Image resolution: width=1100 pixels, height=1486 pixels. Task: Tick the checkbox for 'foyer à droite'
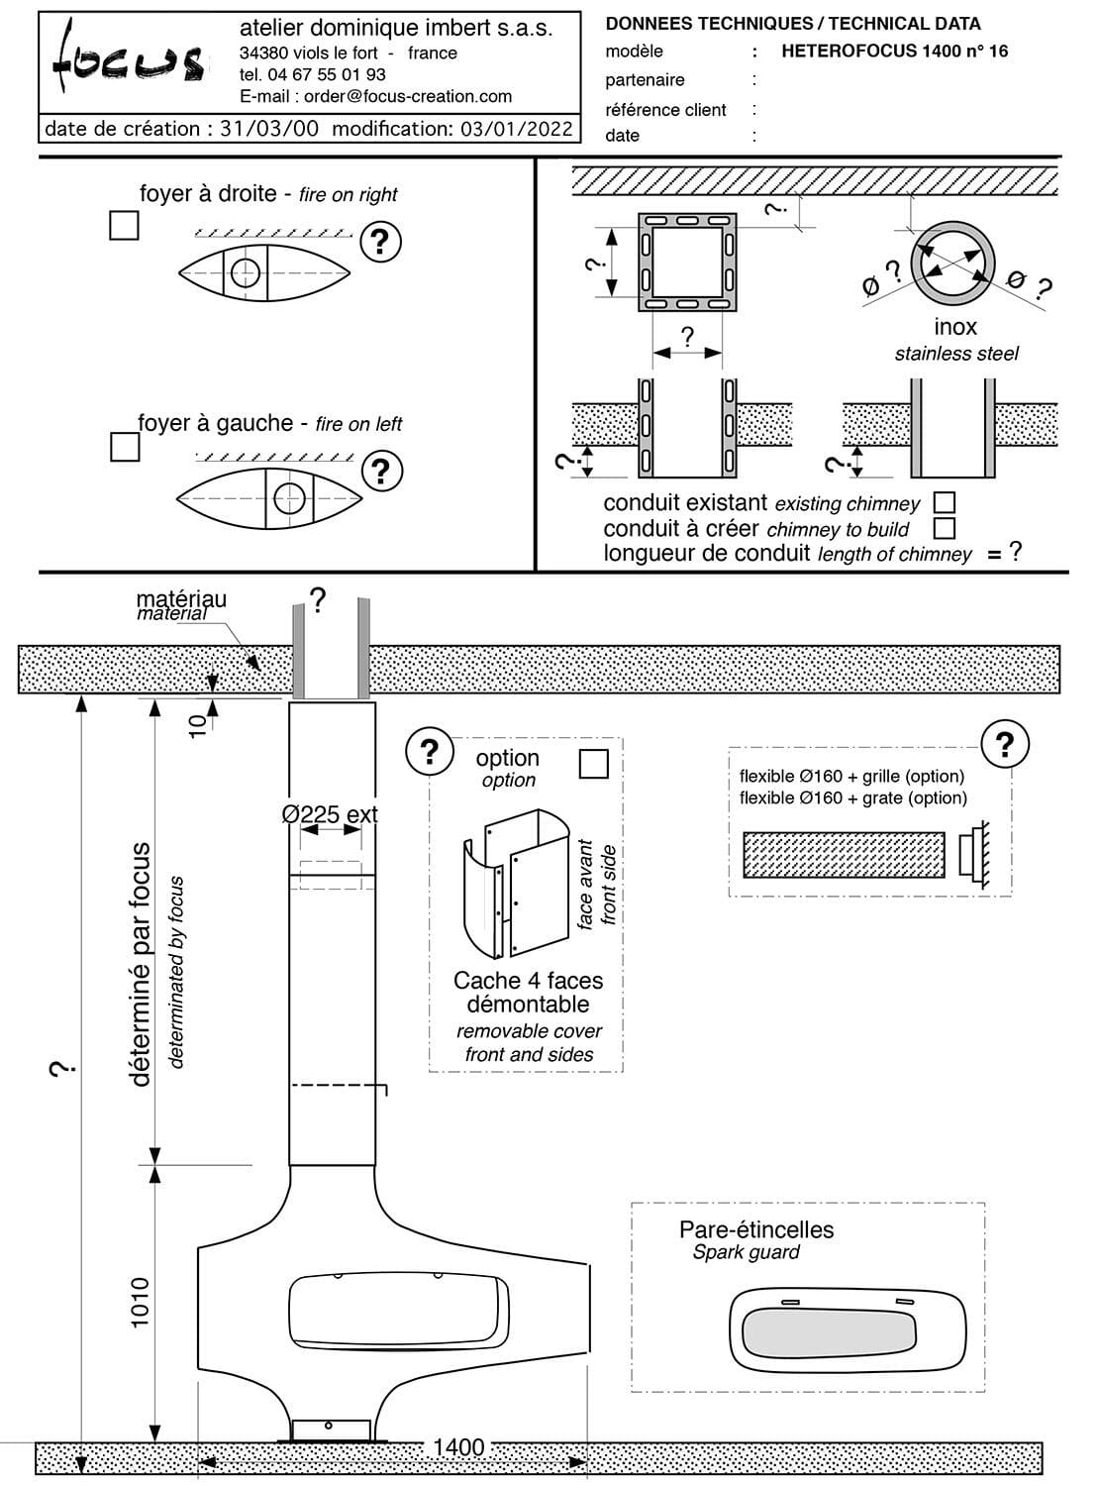pyautogui.click(x=124, y=226)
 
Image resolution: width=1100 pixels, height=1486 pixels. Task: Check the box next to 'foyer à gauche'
pyautogui.click(x=125, y=447)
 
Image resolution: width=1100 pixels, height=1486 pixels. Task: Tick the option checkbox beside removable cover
pyautogui.click(x=593, y=764)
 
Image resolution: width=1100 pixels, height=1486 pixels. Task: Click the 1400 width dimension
pyautogui.click(x=458, y=1447)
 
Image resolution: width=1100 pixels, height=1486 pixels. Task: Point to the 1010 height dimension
pyautogui.click(x=140, y=1302)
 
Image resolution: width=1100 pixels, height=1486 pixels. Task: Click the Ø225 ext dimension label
pyautogui.click(x=330, y=814)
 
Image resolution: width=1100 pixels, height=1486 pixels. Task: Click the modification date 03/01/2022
pyautogui.click(x=516, y=129)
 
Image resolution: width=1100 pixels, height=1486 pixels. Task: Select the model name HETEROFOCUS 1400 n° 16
pyautogui.click(x=894, y=52)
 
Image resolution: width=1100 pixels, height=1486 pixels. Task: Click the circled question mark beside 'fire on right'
pyautogui.click(x=380, y=242)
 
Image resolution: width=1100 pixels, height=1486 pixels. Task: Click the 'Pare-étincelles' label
pyautogui.click(x=756, y=1229)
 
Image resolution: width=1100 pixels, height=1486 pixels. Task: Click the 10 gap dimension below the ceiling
pyautogui.click(x=198, y=722)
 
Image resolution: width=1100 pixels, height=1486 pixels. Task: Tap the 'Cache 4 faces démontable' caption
pyautogui.click(x=528, y=992)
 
